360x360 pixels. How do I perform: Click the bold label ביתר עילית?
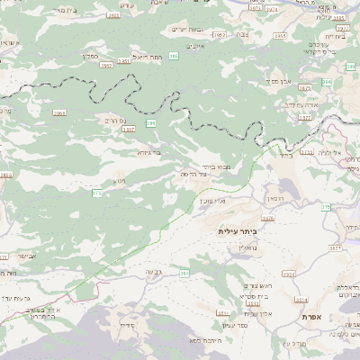237,231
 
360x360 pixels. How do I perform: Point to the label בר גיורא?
149,153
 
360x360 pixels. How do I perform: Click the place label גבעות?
152,271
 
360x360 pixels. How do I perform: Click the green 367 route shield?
184,273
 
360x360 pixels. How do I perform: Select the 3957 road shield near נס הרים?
129,130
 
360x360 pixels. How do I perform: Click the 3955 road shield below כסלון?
105,65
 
